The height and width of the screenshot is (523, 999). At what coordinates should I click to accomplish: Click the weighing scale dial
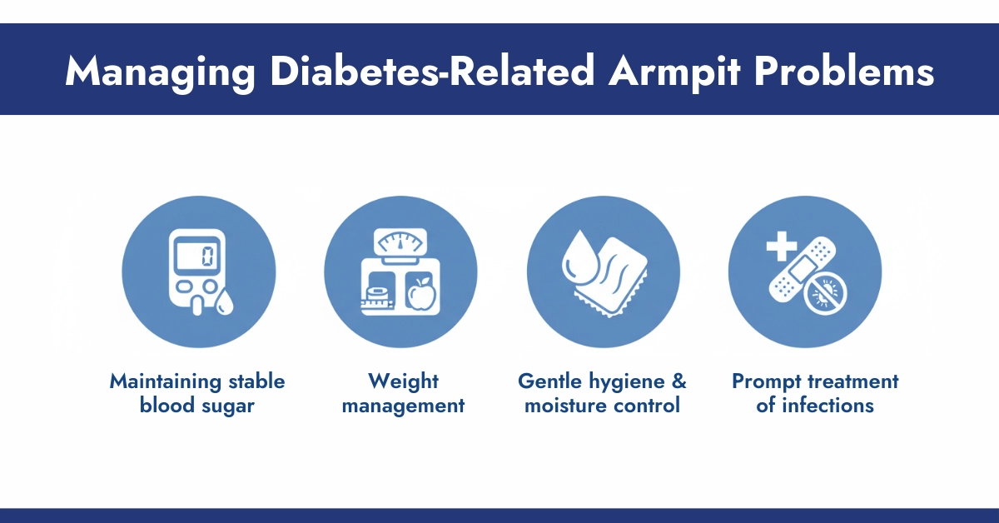pos(400,244)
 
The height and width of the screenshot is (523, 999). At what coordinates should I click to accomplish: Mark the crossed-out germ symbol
pos(827,295)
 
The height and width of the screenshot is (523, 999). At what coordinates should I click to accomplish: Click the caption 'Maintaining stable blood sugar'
pos(198,394)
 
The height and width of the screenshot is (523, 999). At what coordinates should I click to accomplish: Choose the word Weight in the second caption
pos(403,381)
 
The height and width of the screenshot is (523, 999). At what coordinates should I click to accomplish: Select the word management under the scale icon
pos(403,406)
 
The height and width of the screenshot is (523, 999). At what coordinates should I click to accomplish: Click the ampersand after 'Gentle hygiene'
pos(679,381)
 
